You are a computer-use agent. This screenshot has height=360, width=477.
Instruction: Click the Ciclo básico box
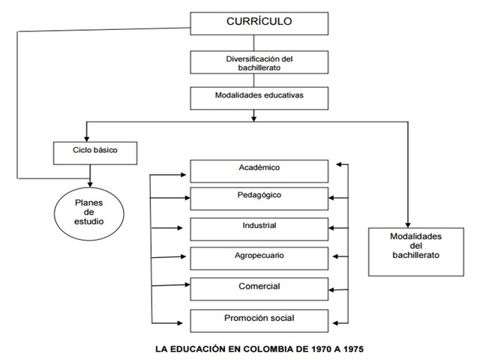pos(90,152)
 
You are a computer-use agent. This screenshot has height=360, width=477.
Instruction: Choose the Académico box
pos(259,170)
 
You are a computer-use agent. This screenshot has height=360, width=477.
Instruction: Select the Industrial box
pos(259,228)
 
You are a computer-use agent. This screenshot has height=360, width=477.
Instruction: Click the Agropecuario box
pos(259,257)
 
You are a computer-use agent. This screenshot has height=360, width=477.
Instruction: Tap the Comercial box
pos(259,289)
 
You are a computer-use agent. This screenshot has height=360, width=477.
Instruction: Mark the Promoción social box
pos(259,319)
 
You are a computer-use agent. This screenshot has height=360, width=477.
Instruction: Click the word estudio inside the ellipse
pos(88,223)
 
